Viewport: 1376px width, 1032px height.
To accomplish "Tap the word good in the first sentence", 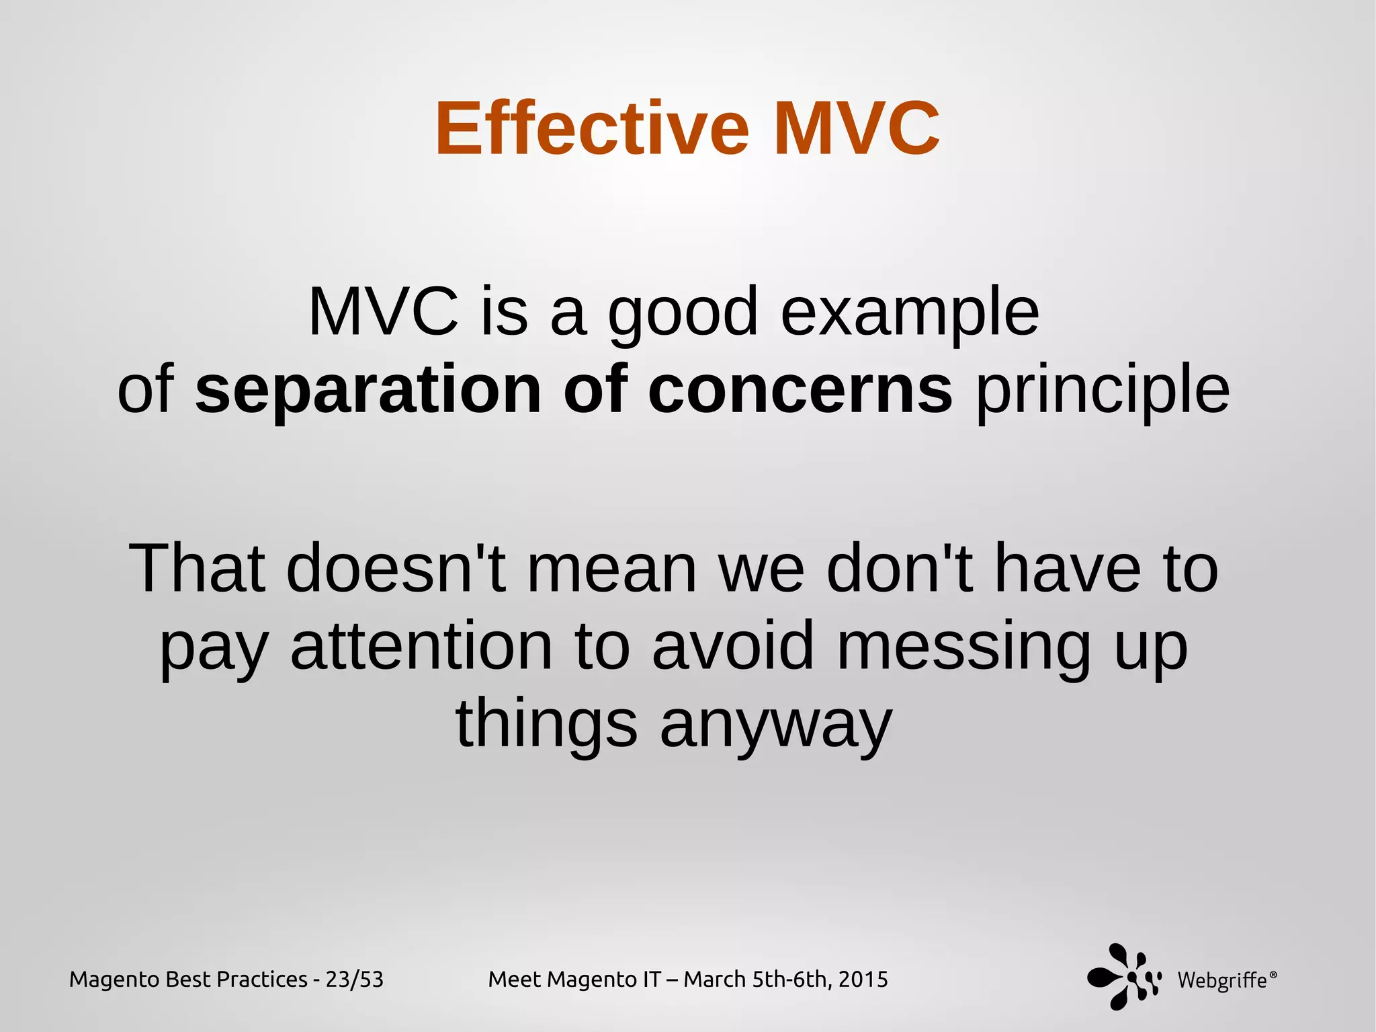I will [x=683, y=313].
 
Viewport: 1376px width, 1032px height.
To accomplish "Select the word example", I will [x=910, y=313].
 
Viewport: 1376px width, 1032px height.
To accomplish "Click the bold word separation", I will [x=368, y=390].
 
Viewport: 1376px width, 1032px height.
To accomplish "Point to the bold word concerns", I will [x=800, y=390].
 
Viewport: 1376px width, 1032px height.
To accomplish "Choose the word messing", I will [x=963, y=647].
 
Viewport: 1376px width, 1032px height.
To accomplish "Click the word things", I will [x=546, y=725].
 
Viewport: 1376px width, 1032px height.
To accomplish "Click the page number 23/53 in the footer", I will [x=354, y=980].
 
